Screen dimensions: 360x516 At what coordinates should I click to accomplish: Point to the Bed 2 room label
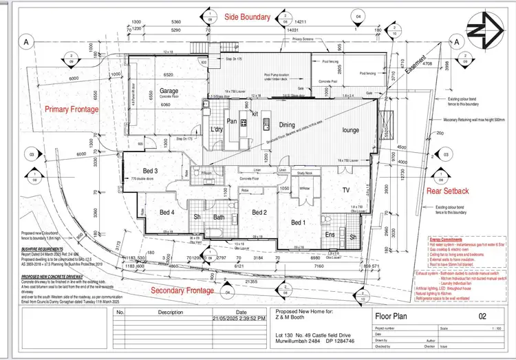(x=259, y=212)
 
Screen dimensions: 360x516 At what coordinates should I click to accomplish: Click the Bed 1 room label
(x=298, y=222)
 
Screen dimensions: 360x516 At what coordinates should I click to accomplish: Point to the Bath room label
(x=219, y=218)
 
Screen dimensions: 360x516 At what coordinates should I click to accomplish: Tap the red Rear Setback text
(x=448, y=191)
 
